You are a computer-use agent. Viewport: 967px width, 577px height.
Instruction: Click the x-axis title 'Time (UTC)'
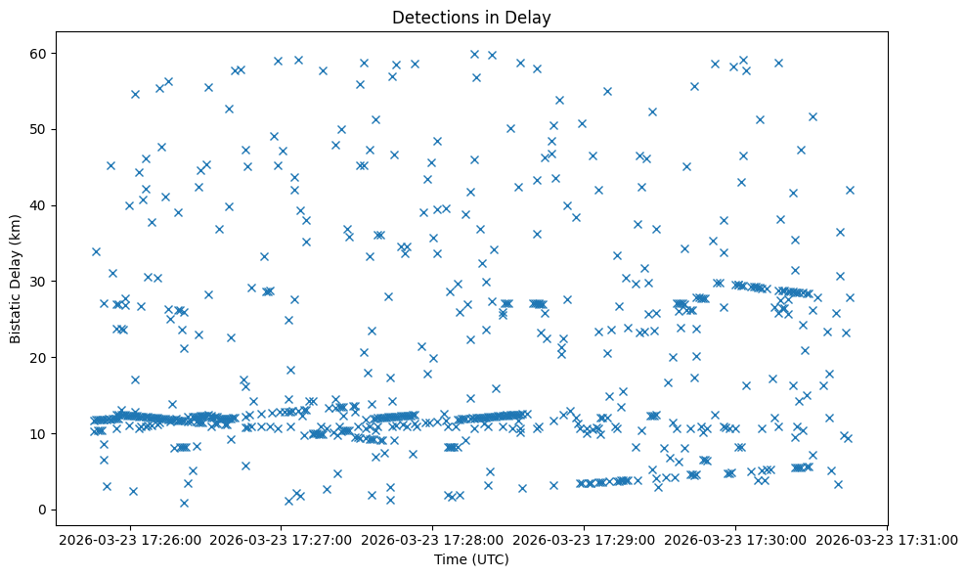471,560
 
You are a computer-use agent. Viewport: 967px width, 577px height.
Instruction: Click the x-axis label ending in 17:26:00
129,539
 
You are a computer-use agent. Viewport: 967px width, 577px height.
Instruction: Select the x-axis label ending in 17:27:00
281,539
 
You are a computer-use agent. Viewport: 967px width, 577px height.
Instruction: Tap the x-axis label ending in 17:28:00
432,539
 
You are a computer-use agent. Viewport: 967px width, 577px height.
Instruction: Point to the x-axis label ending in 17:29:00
584,539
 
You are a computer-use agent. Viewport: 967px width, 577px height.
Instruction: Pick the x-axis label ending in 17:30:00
735,539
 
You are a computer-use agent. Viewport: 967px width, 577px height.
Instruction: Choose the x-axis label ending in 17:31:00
887,539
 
